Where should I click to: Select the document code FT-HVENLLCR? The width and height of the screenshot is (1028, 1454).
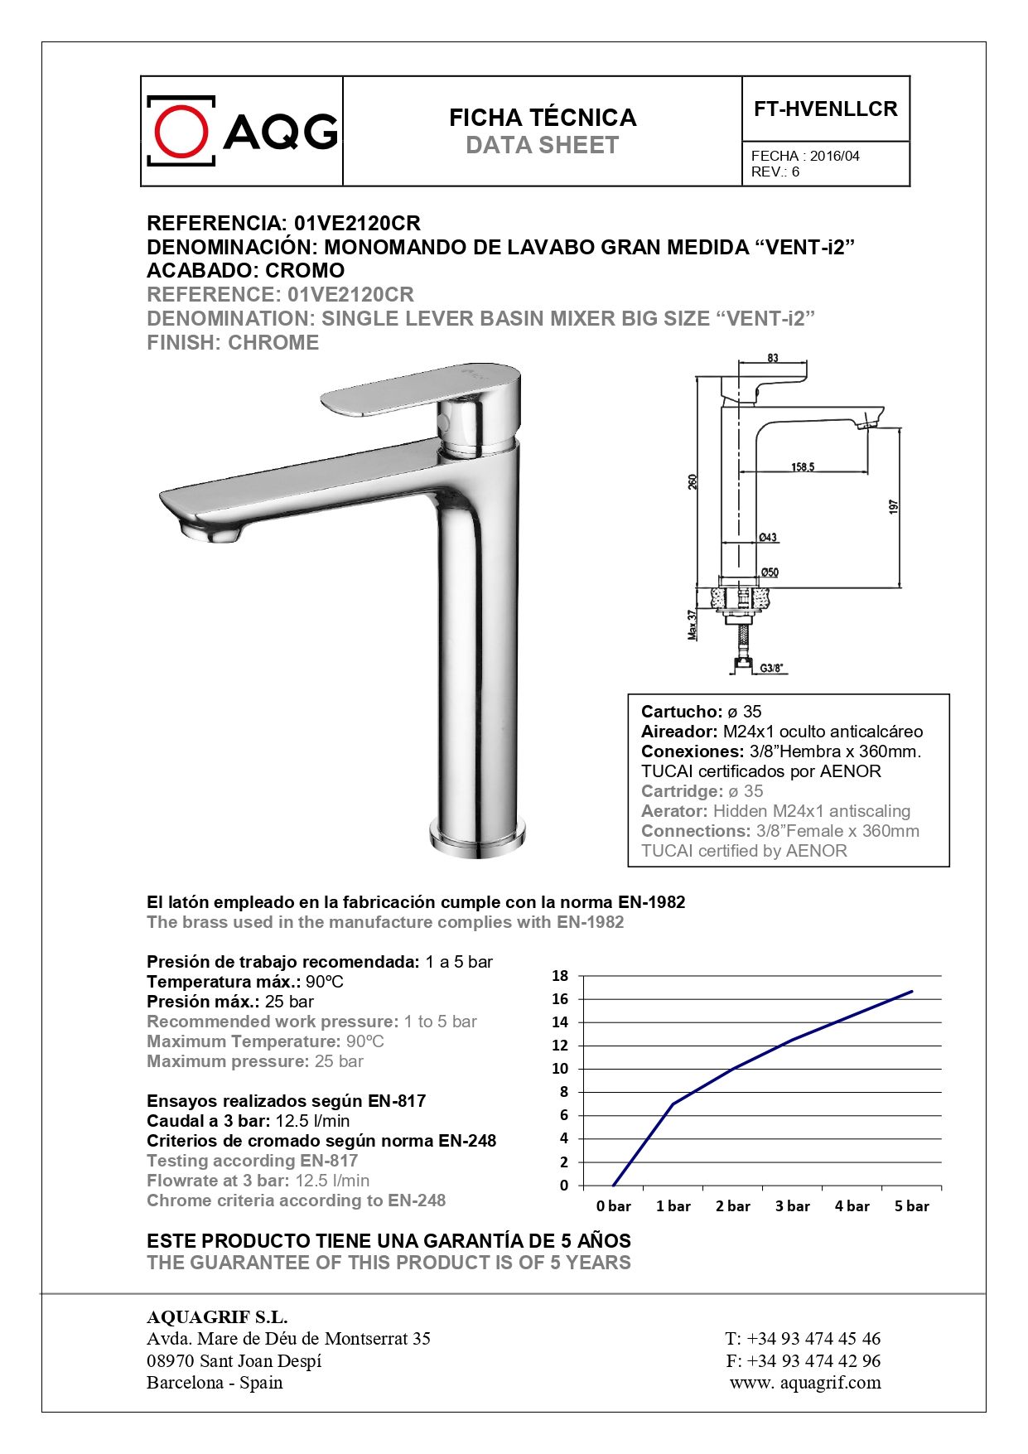coord(825,109)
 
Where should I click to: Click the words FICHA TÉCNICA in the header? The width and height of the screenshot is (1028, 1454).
coord(543,118)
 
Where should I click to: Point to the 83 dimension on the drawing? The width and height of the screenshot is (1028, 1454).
coord(773,358)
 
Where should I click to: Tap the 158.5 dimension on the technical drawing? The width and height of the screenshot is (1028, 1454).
coord(802,467)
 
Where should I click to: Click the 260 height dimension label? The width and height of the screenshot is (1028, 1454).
coord(693,481)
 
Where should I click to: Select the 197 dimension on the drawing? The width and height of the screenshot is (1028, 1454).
coord(893,506)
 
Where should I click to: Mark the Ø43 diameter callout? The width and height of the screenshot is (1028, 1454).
coord(768,538)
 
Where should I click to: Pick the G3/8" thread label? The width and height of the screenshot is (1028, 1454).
coord(771,668)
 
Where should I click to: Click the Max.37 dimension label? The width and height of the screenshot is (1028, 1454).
coord(693,625)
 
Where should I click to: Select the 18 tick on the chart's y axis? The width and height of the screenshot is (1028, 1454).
coord(561,976)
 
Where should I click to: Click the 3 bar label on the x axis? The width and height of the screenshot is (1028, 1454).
coord(793,1206)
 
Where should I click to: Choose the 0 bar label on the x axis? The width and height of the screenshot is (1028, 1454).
coord(614,1206)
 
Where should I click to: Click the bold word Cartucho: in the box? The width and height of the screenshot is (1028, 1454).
coord(682,712)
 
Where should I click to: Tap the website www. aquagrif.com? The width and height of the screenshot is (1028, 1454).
coord(805,1383)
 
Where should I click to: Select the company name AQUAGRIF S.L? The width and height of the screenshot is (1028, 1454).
coord(217,1317)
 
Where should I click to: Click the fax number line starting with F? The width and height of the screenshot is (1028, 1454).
coord(803,1360)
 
